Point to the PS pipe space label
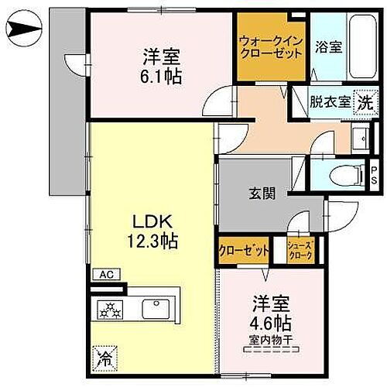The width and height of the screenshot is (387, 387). [x=373, y=174]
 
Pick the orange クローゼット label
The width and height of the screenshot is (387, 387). [x=243, y=250]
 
